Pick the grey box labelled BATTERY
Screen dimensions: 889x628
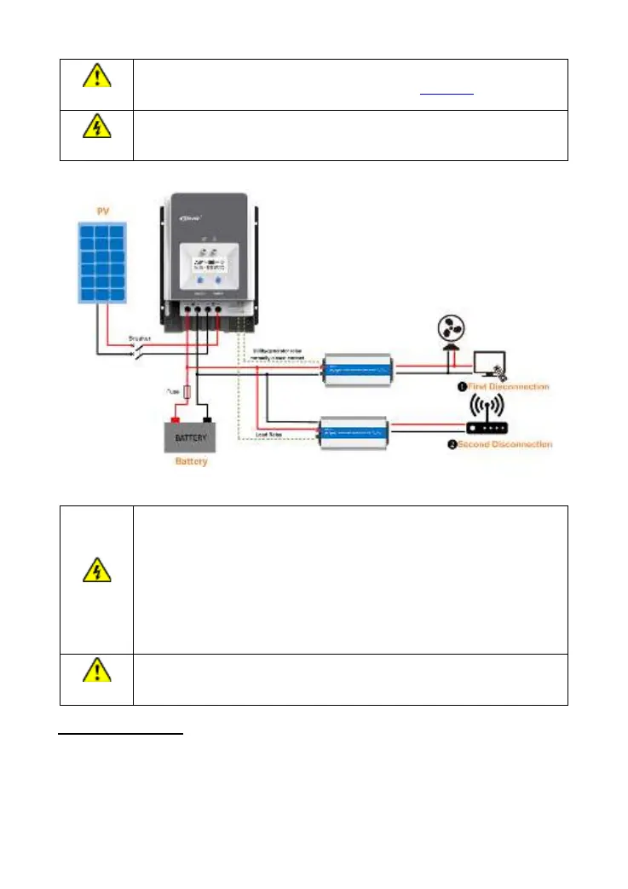point(191,437)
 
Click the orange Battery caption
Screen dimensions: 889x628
point(191,462)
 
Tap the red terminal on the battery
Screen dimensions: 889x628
point(176,419)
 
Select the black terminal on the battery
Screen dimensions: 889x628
point(206,419)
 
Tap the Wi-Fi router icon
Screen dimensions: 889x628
point(488,413)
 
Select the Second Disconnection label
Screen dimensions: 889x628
point(501,444)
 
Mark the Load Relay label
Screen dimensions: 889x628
point(268,434)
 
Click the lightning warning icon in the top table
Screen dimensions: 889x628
point(96,127)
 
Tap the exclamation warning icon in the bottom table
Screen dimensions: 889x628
point(96,673)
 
